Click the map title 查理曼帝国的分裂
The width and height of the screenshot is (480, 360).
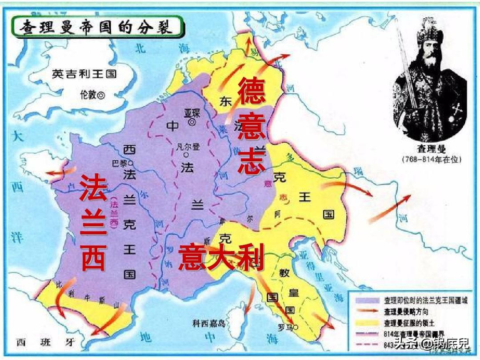100,28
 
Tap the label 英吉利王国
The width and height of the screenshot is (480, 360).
84,74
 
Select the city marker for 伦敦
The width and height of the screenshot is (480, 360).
102,95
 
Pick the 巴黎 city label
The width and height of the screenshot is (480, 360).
117,163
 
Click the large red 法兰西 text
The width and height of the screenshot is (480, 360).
94,223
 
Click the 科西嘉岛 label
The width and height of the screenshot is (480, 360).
209,324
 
